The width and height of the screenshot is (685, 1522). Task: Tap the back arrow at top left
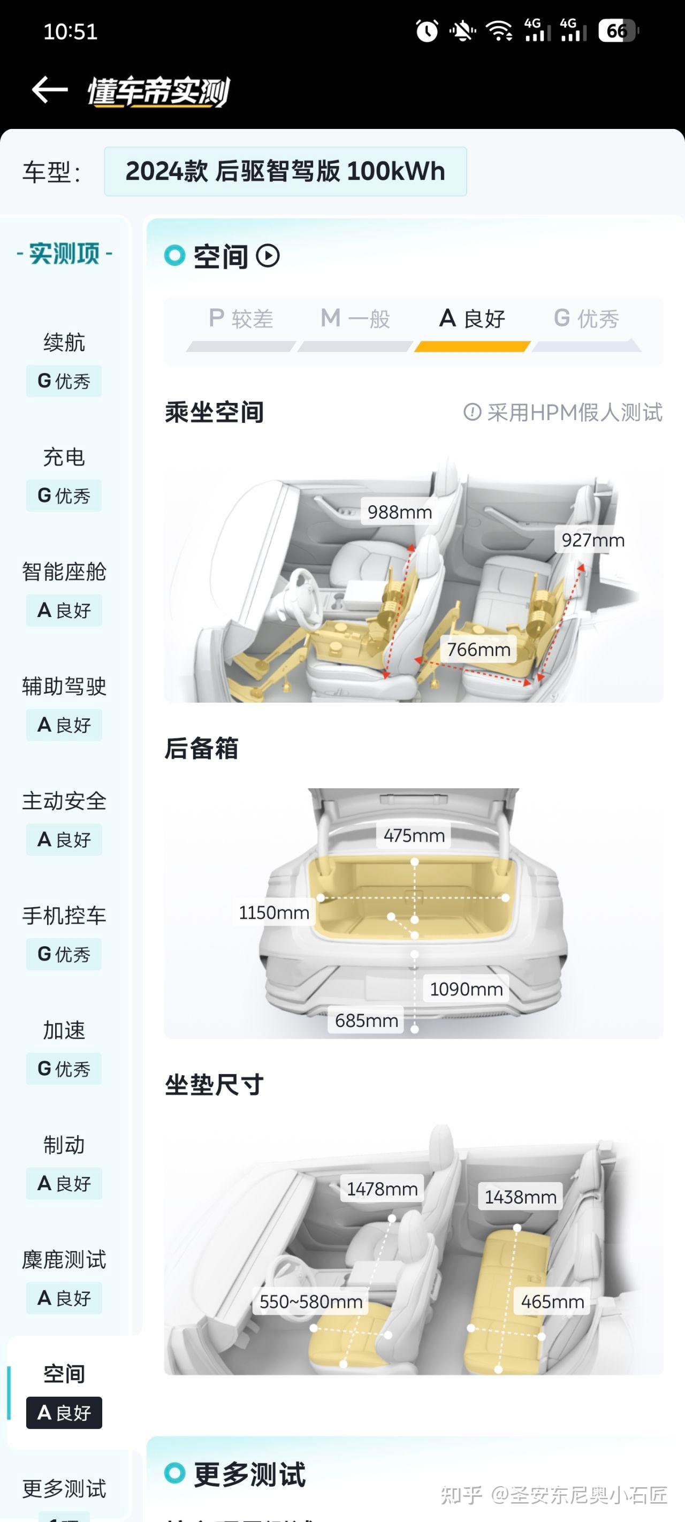50,90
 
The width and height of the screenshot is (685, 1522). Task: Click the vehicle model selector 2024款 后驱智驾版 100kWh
285,171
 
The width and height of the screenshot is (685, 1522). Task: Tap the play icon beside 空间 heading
268,256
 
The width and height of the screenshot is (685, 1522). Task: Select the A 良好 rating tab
471,319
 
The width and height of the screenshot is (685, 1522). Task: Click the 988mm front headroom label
400,512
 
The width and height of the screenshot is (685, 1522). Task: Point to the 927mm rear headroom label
592,539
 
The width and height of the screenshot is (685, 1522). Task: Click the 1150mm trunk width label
273,912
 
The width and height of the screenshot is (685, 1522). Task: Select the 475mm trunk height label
414,835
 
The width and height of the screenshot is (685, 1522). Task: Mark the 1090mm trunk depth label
466,988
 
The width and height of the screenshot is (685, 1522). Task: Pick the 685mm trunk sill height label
366,1020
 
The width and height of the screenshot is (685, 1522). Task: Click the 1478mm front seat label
382,1188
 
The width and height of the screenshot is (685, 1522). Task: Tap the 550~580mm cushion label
311,1301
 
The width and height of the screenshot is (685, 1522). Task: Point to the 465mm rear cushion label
552,1301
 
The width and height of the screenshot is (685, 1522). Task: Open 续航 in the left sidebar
64,342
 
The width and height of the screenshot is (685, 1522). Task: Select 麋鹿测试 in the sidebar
64,1259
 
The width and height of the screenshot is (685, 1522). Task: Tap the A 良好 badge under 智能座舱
64,610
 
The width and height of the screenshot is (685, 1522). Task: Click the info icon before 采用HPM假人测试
471,412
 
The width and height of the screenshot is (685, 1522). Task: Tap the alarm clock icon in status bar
427,31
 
